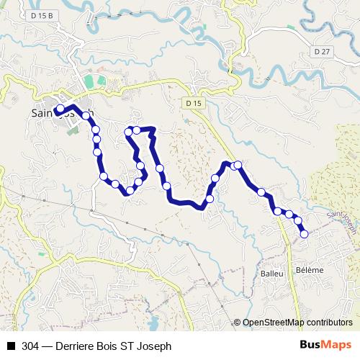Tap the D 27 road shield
pyautogui.click(x=322, y=52)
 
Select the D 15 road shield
pyautogui.click(x=192, y=104)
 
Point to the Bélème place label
pyautogui.click(x=310, y=269)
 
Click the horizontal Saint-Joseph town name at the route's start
pyautogui.click(x=63, y=114)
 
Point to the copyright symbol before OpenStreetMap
pyautogui.click(x=238, y=323)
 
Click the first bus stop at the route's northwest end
pyautogui.click(x=60, y=109)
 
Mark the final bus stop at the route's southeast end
pyautogui.click(x=304, y=233)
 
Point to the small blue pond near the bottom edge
pyautogui.click(x=153, y=318)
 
